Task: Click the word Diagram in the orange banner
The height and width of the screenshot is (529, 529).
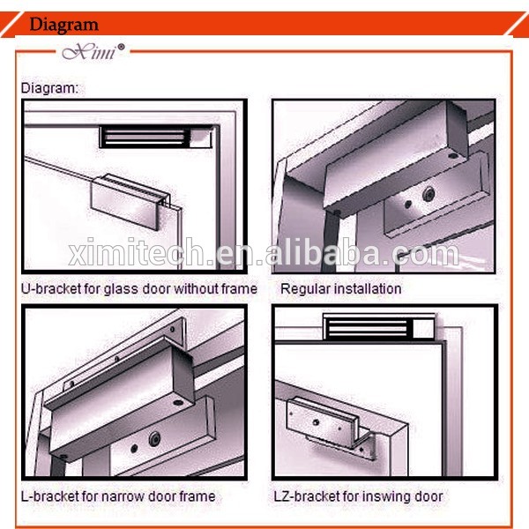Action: point(63,25)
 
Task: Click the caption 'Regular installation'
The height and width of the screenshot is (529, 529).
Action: point(340,289)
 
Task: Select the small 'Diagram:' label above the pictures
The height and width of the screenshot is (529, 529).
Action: point(49,88)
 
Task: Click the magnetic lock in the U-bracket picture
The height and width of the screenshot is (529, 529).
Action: point(157,138)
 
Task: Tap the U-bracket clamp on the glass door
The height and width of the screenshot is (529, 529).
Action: point(130,201)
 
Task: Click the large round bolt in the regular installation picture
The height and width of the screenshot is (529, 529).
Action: point(428,194)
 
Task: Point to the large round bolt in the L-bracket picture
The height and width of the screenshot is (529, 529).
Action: point(154,438)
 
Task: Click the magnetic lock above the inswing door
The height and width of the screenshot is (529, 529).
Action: point(379,326)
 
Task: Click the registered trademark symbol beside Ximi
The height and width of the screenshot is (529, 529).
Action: point(121,47)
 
